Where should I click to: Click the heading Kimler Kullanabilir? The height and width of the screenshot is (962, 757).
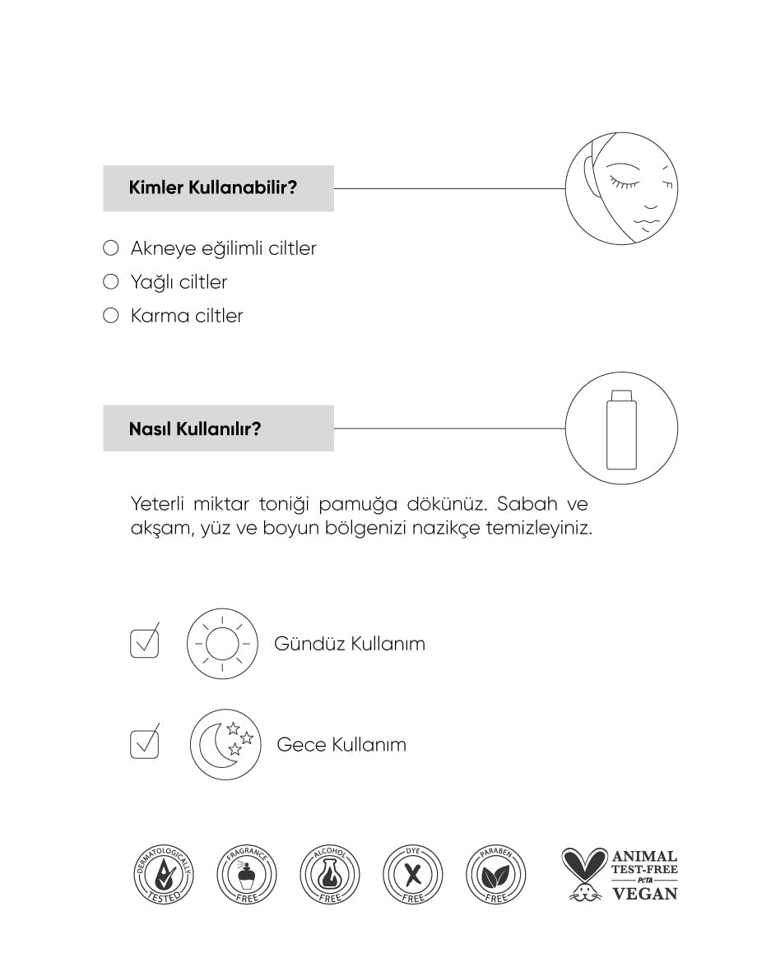pos(213,188)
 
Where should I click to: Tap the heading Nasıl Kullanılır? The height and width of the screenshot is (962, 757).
pos(195,428)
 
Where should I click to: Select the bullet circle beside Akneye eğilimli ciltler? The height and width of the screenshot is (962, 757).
pos(111,248)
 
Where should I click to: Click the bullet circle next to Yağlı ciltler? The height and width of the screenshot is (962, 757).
pos(111,282)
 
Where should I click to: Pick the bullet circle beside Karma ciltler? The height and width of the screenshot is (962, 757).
pos(111,316)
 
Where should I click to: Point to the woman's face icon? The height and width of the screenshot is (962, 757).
pos(621,187)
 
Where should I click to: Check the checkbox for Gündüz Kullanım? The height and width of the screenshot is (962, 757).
pos(144,643)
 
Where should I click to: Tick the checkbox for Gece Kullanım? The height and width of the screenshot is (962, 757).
pos(144,744)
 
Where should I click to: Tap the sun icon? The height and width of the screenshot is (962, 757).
pos(221,643)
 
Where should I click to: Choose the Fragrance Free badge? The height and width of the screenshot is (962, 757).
pos(247,873)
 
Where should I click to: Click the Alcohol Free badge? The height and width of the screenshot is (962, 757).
pos(330,873)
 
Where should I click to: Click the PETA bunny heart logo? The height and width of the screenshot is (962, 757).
pos(584,874)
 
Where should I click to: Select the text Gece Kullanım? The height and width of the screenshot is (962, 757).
pos(341,745)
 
